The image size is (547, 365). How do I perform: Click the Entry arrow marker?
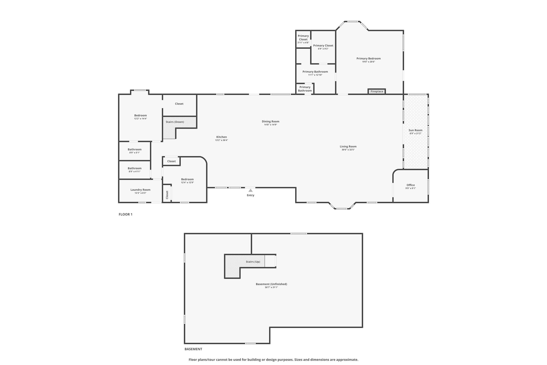[x=250, y=190]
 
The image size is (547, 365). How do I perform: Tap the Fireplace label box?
[x=377, y=91]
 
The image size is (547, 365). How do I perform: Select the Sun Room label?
[x=415, y=130]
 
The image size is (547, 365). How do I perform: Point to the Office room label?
[x=411, y=185]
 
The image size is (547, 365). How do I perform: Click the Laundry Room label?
[x=140, y=190]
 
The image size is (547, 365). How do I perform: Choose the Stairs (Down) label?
[x=175, y=122]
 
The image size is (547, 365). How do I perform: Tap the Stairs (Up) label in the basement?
[x=253, y=262]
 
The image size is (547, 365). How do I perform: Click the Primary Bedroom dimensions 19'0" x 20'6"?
[x=369, y=62]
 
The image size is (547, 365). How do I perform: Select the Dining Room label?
[x=271, y=121]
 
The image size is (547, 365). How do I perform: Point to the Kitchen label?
[x=222, y=137]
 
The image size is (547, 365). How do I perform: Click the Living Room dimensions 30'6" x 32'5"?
[x=348, y=150]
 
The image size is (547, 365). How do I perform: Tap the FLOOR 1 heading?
[x=126, y=214]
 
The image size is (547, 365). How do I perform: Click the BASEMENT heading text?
[x=193, y=349]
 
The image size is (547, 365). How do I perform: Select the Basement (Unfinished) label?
[x=272, y=284]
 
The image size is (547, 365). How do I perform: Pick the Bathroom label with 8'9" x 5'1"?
[x=134, y=149]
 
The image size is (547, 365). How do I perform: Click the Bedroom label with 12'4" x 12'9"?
[x=187, y=179]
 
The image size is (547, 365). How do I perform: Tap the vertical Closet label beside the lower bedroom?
[x=167, y=195]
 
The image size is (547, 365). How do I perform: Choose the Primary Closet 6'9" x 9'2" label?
[x=323, y=46]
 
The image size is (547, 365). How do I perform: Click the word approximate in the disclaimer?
[x=347, y=360]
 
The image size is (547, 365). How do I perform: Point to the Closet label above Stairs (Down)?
[x=179, y=104]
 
